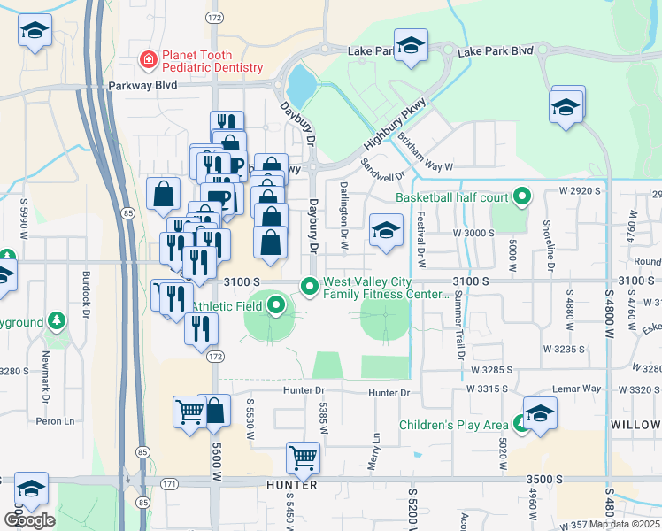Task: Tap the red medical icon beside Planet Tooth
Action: tap(148, 60)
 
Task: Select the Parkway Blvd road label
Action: tap(142, 86)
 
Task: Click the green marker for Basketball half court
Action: tap(521, 196)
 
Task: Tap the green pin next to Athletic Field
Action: tap(275, 307)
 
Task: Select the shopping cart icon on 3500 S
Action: tap(303, 458)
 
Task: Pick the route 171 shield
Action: tap(170, 484)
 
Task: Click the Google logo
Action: tap(28, 520)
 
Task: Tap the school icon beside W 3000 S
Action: tap(386, 232)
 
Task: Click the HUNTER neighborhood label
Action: tap(291, 485)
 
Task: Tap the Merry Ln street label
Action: tap(376, 450)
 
